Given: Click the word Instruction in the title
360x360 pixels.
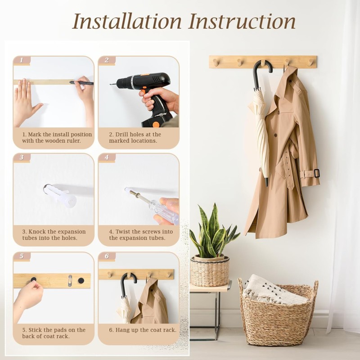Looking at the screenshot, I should tap(242, 21).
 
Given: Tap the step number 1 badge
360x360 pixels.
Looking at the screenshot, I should tap(22, 60).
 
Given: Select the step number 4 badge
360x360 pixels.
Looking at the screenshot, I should tap(107, 157).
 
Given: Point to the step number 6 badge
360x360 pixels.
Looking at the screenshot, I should tap(107, 256).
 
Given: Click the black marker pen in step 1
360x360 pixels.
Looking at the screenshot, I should tap(81, 83).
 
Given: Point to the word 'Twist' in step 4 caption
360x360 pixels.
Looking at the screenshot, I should tap(125, 232).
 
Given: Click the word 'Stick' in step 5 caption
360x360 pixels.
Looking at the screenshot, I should tap(37, 330).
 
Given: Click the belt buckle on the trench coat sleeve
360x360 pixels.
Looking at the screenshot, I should tap(317, 173).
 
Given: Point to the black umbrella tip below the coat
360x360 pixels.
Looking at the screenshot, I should tap(266, 182).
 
